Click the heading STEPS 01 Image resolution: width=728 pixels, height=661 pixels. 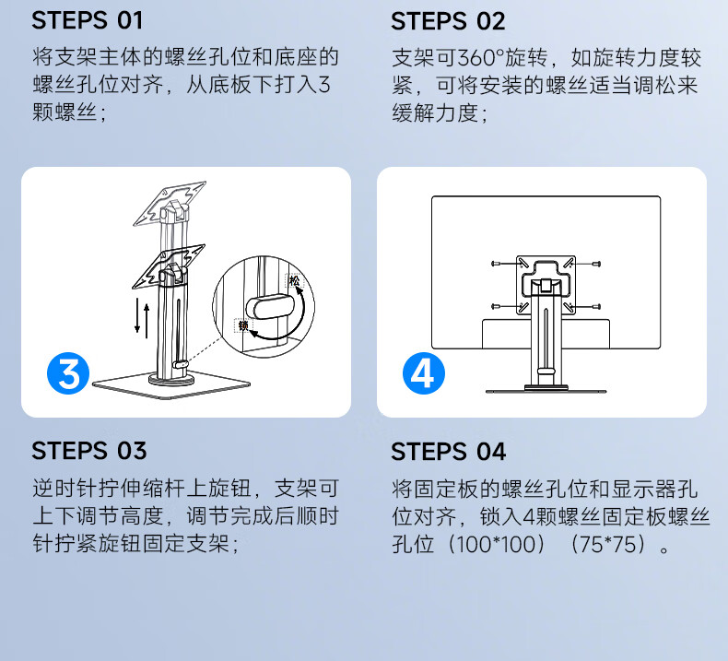[87, 20]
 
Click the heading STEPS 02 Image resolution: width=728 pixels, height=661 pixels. [448, 21]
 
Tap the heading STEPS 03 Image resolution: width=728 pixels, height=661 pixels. [89, 451]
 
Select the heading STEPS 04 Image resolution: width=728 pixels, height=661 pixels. [449, 452]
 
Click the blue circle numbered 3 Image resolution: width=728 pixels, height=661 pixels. [68, 373]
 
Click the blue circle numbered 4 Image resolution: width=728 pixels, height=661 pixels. [423, 373]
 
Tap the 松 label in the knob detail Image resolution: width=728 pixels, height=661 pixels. [294, 280]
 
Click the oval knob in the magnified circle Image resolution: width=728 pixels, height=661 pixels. [270, 306]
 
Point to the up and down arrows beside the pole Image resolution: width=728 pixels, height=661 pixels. [142, 318]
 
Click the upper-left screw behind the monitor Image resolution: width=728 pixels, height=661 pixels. [496, 264]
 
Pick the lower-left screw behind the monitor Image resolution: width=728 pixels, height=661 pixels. [496, 307]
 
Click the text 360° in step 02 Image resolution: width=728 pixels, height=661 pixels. [481, 58]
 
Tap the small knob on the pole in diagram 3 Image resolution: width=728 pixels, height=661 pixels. [181, 364]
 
